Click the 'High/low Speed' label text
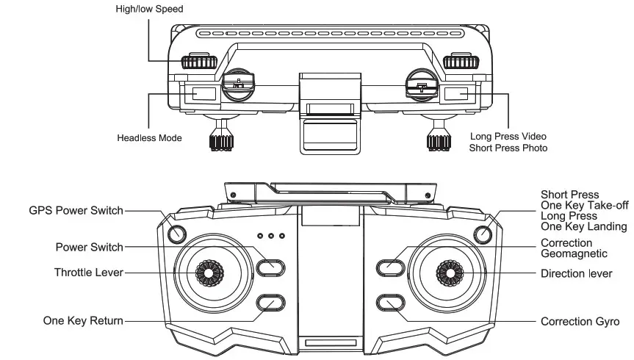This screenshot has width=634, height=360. [x=149, y=9]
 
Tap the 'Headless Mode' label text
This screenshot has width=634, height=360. [x=149, y=137]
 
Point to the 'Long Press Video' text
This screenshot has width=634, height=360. [x=508, y=137]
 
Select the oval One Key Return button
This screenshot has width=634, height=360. [x=270, y=303]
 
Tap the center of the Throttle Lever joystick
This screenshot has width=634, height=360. [x=209, y=273]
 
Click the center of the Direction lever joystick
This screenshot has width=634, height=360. [x=448, y=273]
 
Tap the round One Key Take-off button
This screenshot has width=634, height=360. [x=482, y=234]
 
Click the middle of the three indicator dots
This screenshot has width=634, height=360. [x=271, y=237]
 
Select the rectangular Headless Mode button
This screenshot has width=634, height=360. [x=203, y=94]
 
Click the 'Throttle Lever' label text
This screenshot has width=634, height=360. [x=88, y=273]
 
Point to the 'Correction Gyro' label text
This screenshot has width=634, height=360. [x=580, y=321]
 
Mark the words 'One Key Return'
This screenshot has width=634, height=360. [x=82, y=321]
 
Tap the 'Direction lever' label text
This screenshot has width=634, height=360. [x=576, y=273]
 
